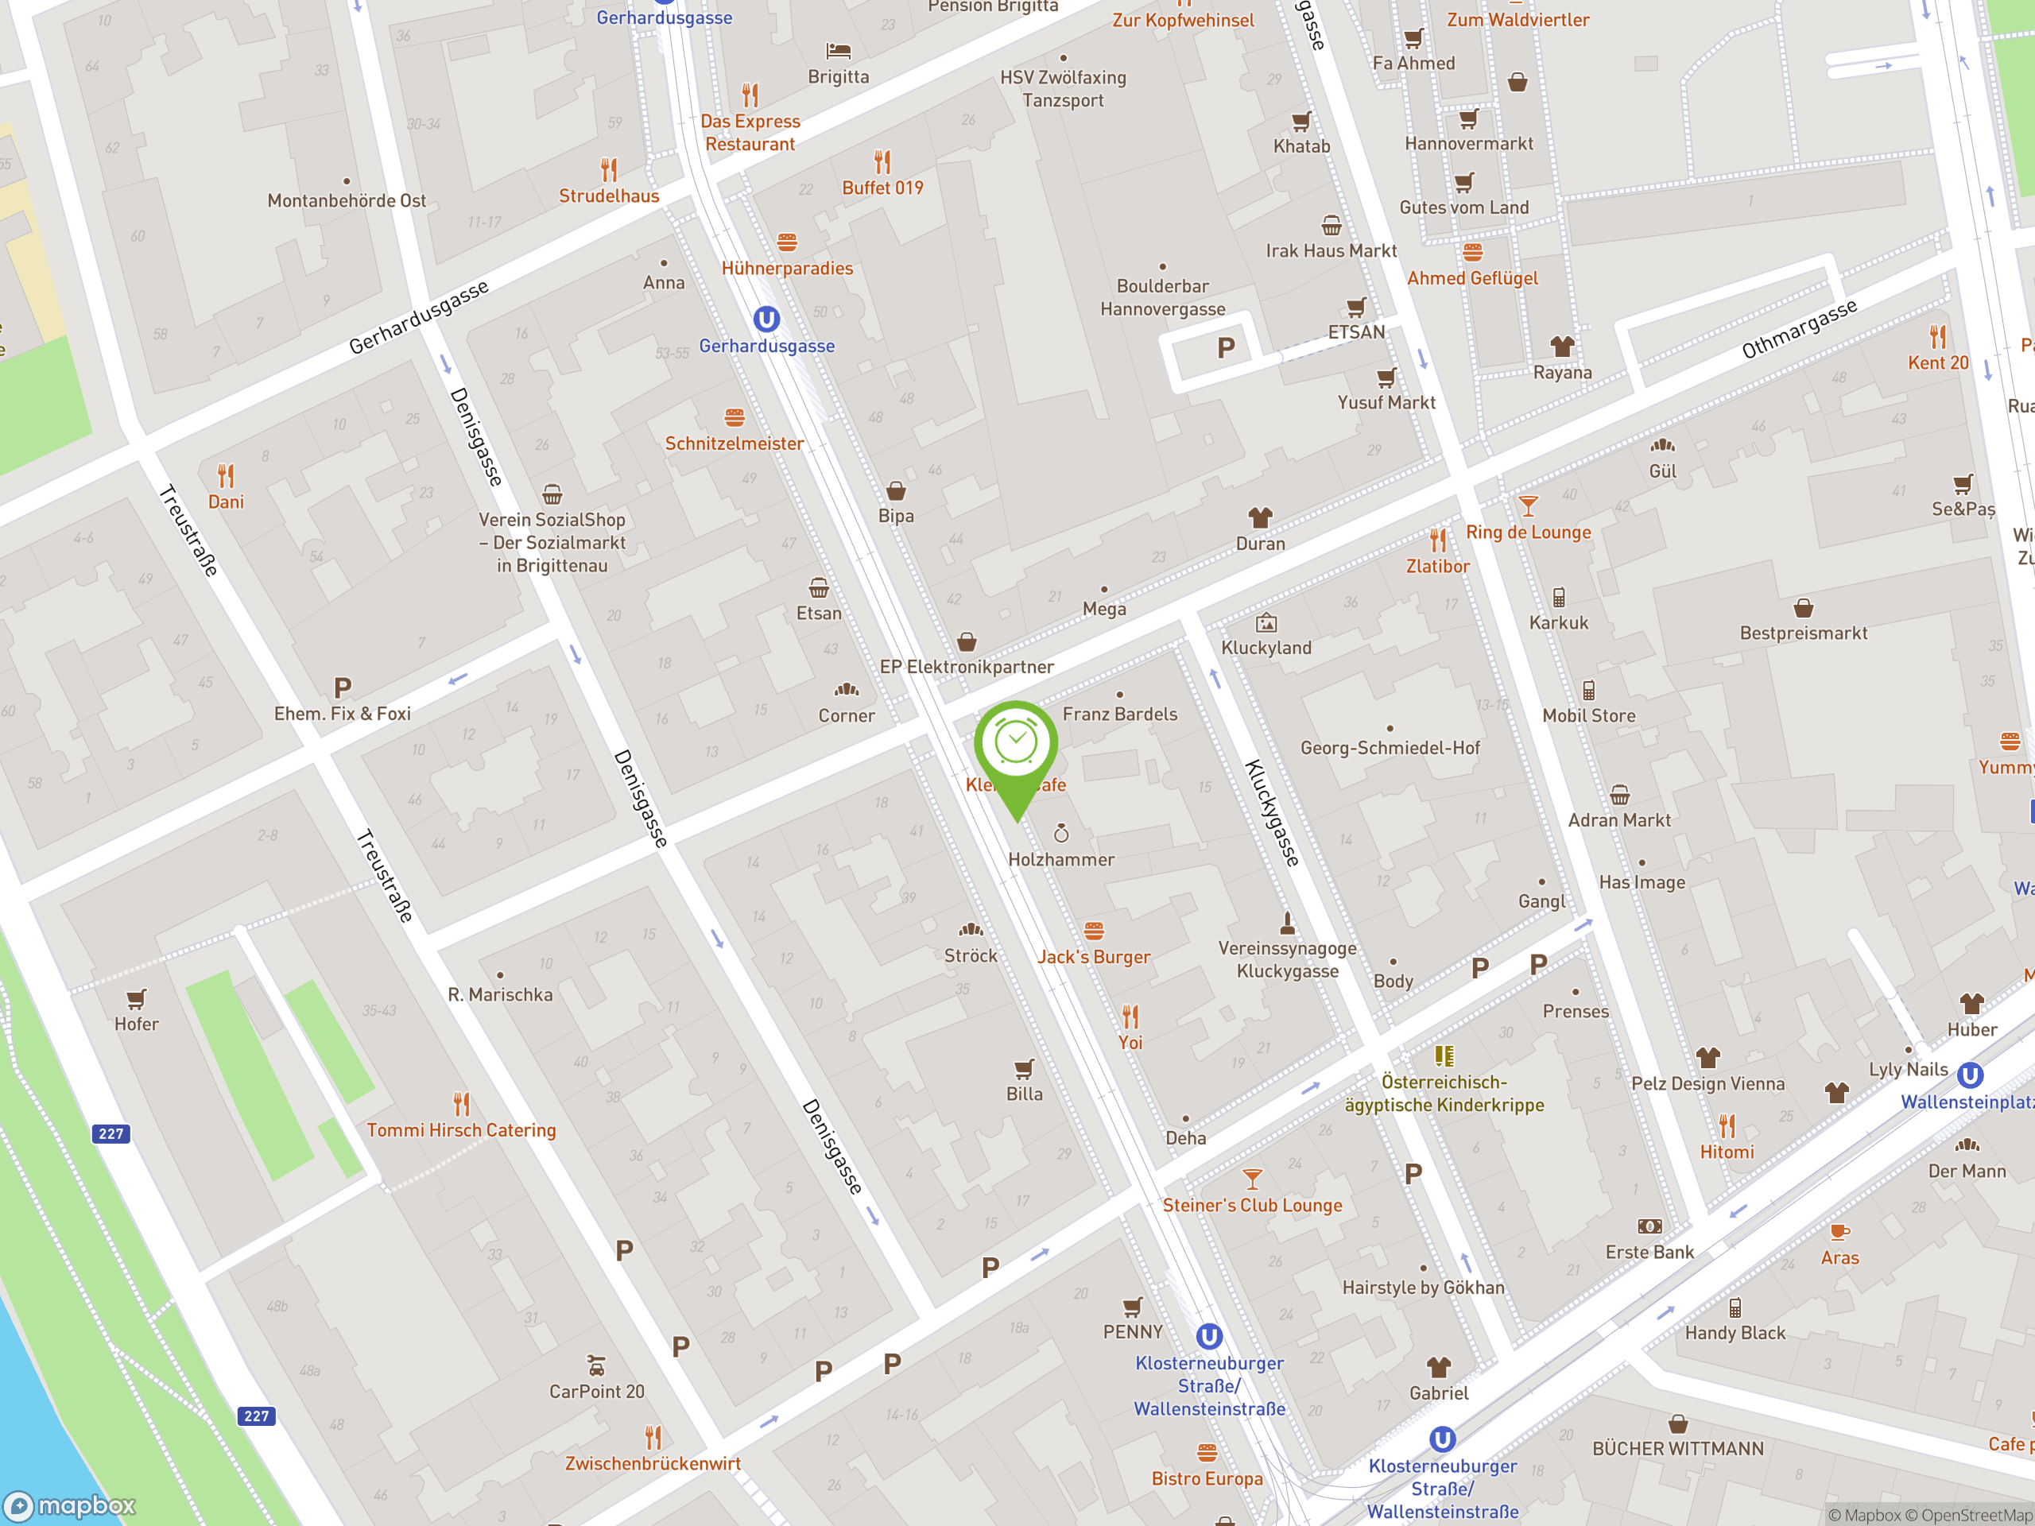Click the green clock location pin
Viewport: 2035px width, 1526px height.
[x=1016, y=745]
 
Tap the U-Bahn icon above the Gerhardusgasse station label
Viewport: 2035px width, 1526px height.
[x=766, y=320]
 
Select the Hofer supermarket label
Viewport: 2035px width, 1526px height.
[x=136, y=1024]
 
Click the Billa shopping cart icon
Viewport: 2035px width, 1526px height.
[x=1024, y=1069]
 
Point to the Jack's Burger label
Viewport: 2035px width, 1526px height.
[x=1093, y=957]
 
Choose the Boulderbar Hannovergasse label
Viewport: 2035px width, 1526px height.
[x=1162, y=297]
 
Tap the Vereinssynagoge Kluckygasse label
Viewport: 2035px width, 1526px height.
[x=1287, y=959]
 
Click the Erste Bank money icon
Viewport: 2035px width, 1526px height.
[x=1649, y=1226]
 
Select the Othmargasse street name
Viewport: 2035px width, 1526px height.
[x=1799, y=328]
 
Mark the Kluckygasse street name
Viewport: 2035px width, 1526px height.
[x=1273, y=813]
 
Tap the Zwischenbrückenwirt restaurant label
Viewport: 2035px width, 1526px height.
[x=653, y=1463]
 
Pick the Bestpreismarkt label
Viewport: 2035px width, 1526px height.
[x=1803, y=633]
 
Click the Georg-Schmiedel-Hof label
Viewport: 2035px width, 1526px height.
[x=1390, y=748]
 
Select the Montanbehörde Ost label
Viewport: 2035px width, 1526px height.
[x=346, y=200]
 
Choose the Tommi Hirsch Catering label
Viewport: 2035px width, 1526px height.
[x=461, y=1129]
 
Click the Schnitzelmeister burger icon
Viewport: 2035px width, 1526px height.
[x=735, y=417]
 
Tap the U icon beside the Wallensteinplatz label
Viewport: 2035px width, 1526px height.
[x=1969, y=1075]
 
